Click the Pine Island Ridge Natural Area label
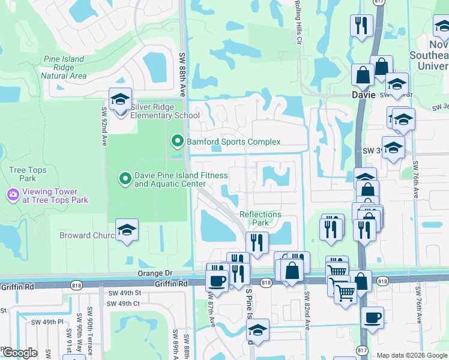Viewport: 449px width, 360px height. click(x=64, y=68)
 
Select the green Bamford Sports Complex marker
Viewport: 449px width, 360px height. click(x=177, y=142)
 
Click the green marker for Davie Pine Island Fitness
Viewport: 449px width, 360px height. click(x=125, y=179)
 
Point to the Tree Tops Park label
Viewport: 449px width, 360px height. click(x=23, y=174)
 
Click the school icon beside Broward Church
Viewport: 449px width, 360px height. click(x=127, y=230)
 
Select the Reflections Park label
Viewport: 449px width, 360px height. click(x=260, y=218)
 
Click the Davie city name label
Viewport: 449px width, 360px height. click(x=363, y=95)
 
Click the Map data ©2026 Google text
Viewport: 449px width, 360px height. click(x=411, y=355)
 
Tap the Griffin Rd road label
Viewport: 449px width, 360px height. click(x=171, y=283)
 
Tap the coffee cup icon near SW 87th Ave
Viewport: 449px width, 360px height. click(x=216, y=280)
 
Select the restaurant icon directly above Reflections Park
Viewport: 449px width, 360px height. click(x=257, y=242)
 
